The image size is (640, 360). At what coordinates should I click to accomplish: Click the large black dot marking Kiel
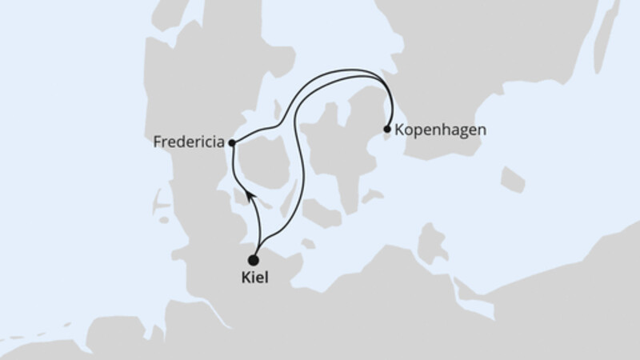[x=254, y=260]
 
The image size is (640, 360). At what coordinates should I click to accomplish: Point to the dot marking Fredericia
[x=231, y=143]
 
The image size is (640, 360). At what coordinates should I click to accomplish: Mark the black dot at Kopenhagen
[x=387, y=129]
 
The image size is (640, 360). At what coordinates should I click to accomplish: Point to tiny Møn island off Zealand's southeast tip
[x=370, y=195]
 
